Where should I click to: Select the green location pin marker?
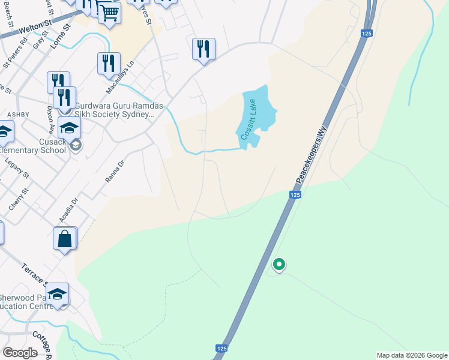pos(279,263)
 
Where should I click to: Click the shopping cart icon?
pos(109,13)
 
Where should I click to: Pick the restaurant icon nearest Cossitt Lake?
pos(203,49)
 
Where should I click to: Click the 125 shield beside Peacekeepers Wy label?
pos(294,195)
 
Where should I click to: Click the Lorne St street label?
pos(61,36)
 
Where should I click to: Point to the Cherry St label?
pos(19,199)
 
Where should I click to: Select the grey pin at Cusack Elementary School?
pos(76,146)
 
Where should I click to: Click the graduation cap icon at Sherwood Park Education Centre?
pos(58,294)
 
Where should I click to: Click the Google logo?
pos(20,353)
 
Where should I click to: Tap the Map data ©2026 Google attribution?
pos(411,355)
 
